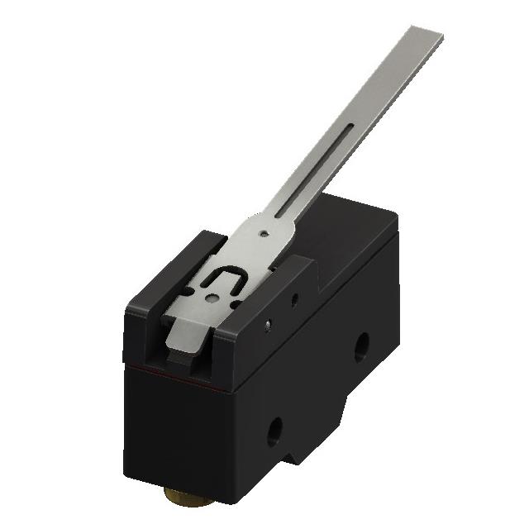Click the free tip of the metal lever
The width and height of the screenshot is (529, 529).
point(427,36)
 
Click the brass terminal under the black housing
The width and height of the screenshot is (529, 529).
point(183,496)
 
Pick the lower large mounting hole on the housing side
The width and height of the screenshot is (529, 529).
point(274,430)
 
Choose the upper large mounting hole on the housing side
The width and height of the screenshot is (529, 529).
point(361,346)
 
